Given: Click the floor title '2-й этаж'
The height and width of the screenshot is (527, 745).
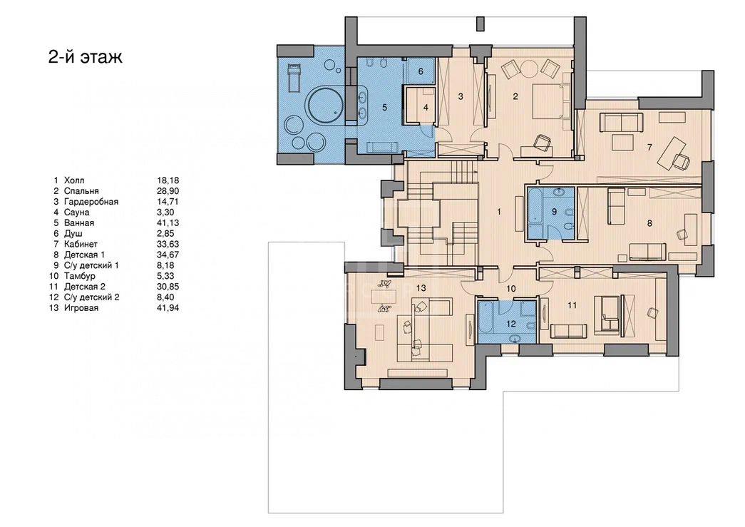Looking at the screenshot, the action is pyautogui.click(x=86, y=56).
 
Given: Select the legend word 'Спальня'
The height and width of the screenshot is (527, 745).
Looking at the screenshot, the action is pyautogui.click(x=81, y=191).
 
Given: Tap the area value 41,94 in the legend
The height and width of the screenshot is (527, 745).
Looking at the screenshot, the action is pyautogui.click(x=168, y=308).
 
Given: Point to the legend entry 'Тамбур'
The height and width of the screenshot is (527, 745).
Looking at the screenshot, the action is pyautogui.click(x=79, y=276).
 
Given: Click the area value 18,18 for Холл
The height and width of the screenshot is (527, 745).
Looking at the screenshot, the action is pyautogui.click(x=168, y=180).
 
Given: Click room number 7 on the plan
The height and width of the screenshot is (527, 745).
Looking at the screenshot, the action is pyautogui.click(x=649, y=148).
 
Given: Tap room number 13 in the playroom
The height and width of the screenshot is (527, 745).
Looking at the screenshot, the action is pyautogui.click(x=421, y=288).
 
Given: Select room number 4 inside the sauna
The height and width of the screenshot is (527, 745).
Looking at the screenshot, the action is pyautogui.click(x=426, y=108).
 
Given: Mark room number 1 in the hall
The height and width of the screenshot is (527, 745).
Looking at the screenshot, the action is pyautogui.click(x=499, y=212).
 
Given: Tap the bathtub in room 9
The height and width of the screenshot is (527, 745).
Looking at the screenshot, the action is pyautogui.click(x=535, y=207).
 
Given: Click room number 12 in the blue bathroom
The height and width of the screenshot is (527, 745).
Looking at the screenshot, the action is pyautogui.click(x=510, y=324).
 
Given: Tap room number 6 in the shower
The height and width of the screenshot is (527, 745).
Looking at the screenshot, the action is pyautogui.click(x=421, y=72).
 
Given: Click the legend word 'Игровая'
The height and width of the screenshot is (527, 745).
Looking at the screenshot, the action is pyautogui.click(x=81, y=308).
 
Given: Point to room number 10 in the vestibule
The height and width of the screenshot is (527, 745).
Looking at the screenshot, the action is pyautogui.click(x=510, y=288).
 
